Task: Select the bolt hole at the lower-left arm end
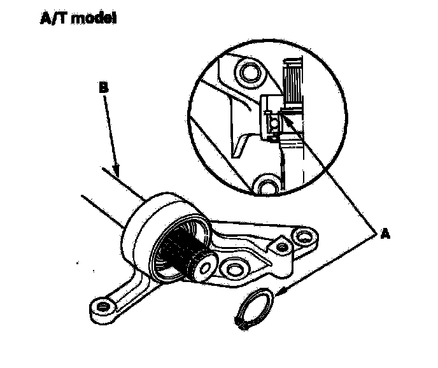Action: pyautogui.click(x=101, y=308)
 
